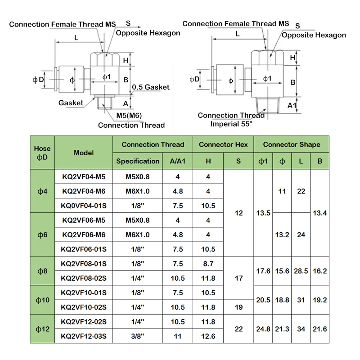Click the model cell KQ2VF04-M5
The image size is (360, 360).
(84, 177)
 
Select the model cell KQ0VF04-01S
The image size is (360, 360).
(84, 206)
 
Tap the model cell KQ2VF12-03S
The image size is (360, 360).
(84, 336)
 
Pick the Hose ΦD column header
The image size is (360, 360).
(42, 153)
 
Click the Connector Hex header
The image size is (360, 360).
(223, 144)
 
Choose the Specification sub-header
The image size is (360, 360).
(138, 161)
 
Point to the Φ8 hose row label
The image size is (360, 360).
(42, 271)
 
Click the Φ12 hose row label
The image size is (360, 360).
(42, 329)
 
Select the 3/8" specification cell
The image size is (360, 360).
(138, 336)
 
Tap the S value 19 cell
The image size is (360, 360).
(238, 307)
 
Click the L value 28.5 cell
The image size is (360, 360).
(301, 271)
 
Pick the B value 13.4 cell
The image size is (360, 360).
(319, 213)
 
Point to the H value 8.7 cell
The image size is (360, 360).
(208, 264)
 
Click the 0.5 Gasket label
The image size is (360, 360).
(151, 87)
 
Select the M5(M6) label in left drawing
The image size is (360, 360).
(129, 116)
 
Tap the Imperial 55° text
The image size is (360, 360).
(231, 124)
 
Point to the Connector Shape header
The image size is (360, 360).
(292, 144)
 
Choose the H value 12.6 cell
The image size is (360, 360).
(208, 336)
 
